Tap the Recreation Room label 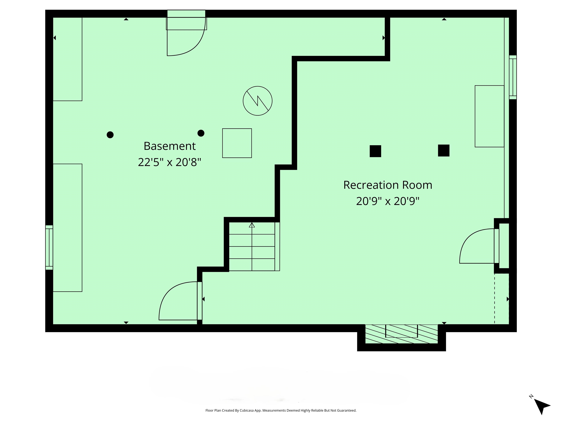coord(388,185)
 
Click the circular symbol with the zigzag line coord(257,101)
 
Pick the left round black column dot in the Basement coord(110,135)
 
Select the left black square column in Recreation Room coord(375,151)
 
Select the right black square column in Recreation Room coord(444,150)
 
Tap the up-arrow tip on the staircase coord(252,225)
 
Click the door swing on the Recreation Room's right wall coord(478,247)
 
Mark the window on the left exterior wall coord(49,247)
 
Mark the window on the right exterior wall coord(513,77)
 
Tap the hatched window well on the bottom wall coord(401,334)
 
